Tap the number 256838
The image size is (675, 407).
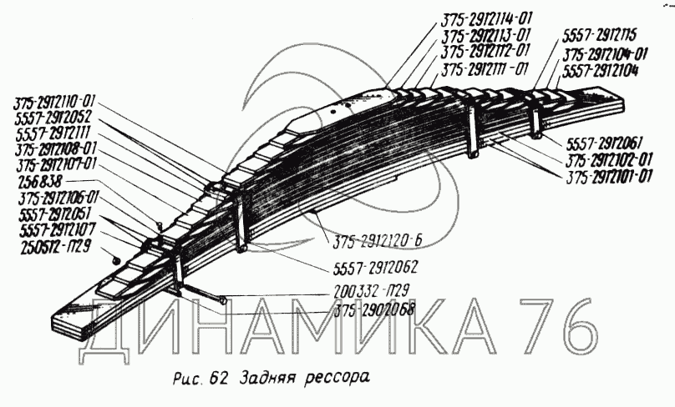click(36, 181)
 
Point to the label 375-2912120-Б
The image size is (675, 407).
click(380, 243)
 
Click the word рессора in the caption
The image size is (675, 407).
click(337, 377)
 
